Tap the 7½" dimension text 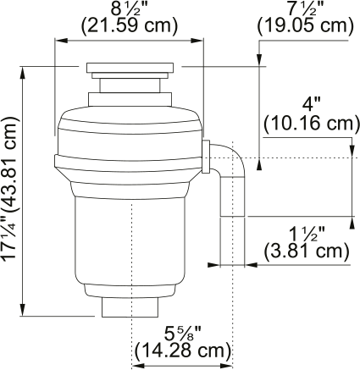pos(304,8)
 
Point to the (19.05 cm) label pos(304,25)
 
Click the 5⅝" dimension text pos(180,333)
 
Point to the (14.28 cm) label pos(182,350)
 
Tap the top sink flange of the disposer pos(132,67)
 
